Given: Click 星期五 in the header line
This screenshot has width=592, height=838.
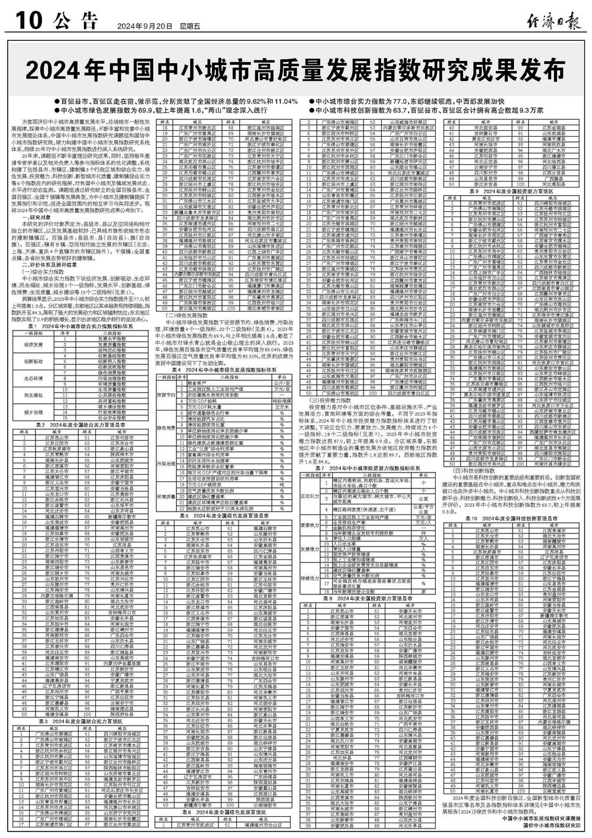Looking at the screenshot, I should (174, 26).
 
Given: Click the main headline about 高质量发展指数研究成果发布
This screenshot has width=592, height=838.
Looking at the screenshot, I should (296, 71).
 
